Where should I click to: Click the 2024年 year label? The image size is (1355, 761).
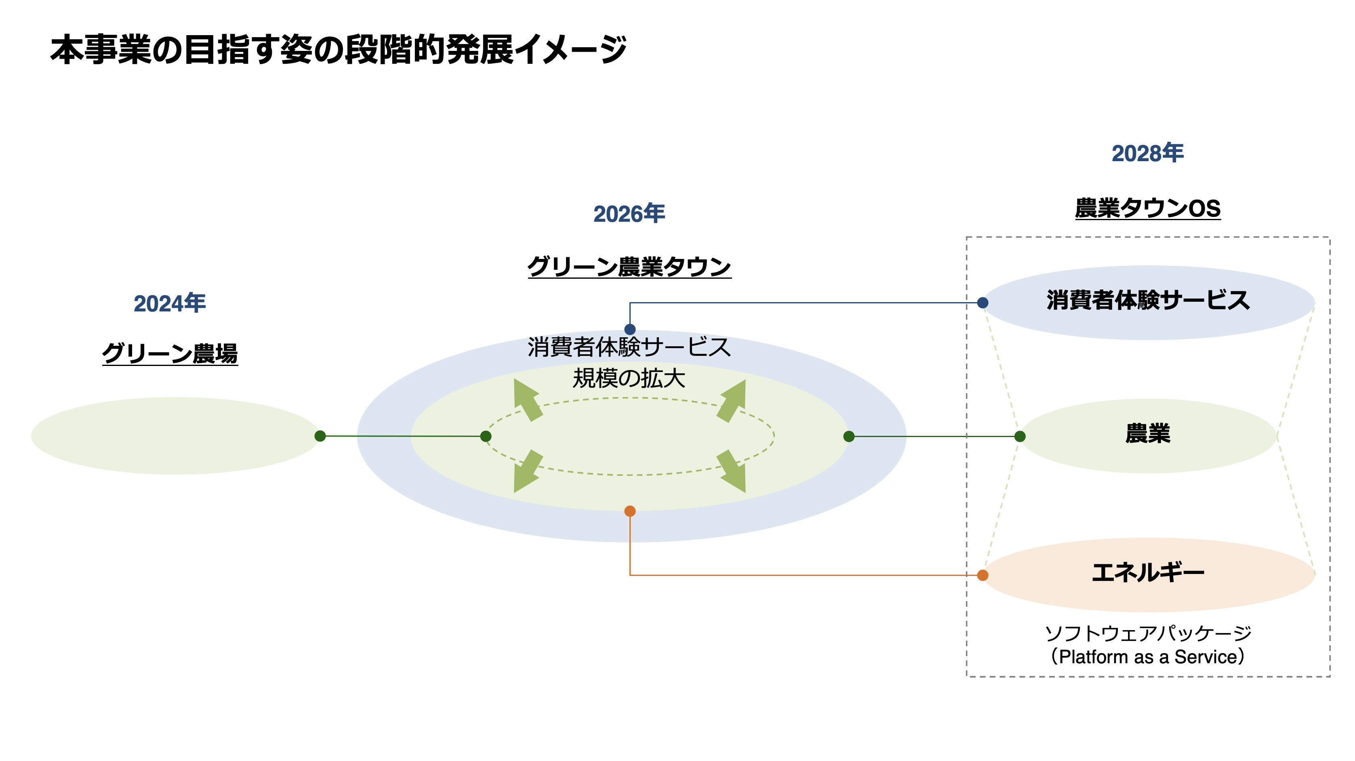point(169,303)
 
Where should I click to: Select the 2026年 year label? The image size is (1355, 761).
point(629,214)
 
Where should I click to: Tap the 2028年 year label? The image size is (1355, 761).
point(1147,153)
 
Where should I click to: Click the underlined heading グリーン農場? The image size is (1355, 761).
point(170,353)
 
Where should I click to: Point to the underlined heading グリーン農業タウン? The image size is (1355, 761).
point(629,267)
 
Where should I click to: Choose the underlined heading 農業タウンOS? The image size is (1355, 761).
point(1147,208)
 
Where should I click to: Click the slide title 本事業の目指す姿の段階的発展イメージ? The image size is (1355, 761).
point(339,50)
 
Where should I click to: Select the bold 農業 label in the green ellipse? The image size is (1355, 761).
point(1148,434)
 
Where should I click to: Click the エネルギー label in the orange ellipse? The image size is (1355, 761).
point(1148,572)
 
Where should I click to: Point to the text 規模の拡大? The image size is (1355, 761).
point(629,378)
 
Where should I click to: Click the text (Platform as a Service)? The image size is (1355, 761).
point(1147,657)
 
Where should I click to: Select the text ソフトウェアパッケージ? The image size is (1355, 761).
point(1147,633)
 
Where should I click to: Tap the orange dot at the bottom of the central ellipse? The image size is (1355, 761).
point(630,511)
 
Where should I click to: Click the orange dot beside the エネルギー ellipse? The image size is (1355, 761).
point(982,575)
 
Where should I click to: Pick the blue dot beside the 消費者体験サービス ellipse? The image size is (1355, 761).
point(982,303)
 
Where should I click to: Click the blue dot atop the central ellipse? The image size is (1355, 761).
point(630,330)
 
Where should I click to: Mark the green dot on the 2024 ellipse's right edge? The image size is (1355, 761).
point(320,436)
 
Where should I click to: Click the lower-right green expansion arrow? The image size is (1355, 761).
point(733,472)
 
